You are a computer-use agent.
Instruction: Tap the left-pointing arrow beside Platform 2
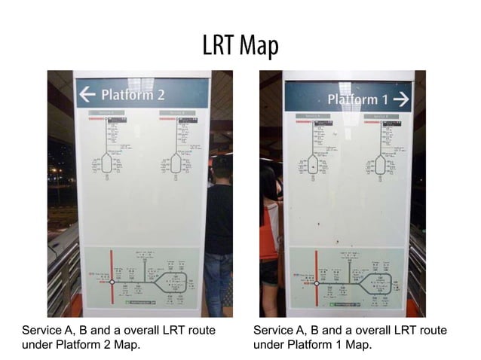pos(88,95)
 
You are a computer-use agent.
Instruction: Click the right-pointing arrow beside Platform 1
pos(400,98)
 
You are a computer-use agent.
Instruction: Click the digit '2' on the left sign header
pos(159,95)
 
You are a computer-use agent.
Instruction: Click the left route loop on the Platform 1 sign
pos(312,165)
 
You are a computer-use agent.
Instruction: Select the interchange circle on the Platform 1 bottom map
pos(317,283)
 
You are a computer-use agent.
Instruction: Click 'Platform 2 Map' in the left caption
pos(97,345)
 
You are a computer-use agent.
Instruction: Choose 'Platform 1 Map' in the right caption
pos(329,345)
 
